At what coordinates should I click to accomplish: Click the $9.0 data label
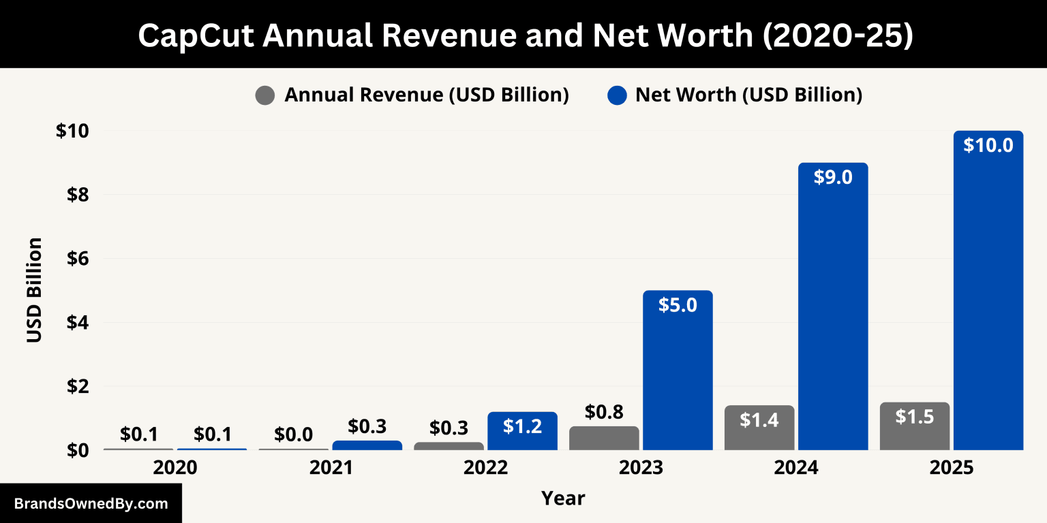[832, 177]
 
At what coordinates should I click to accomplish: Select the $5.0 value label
[678, 304]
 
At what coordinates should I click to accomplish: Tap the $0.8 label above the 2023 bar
[604, 412]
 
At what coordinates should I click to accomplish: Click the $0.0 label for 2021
[293, 434]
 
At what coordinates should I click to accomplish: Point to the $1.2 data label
[522, 426]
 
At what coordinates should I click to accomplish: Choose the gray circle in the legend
[265, 95]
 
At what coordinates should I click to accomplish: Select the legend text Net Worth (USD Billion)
[748, 95]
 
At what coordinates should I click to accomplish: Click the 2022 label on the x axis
[485, 469]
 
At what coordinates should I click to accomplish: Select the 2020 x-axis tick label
[175, 469]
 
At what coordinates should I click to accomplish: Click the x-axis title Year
[563, 498]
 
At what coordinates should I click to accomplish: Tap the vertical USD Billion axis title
[35, 290]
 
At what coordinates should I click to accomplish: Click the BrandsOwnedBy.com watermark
[91, 504]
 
